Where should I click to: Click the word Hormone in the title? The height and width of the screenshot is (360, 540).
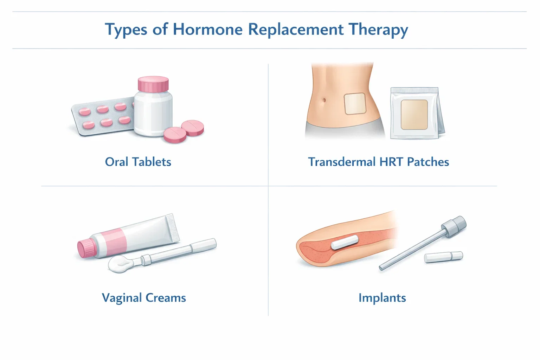tap(207, 29)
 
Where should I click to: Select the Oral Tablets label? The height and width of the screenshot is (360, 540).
tap(138, 162)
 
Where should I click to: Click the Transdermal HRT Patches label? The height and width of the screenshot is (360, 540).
tap(379, 162)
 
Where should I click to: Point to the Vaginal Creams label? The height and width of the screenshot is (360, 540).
tap(144, 298)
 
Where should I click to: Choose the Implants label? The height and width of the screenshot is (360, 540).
tap(382, 298)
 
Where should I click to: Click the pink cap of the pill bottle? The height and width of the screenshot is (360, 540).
tap(153, 84)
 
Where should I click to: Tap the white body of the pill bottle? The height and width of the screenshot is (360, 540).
tap(153, 112)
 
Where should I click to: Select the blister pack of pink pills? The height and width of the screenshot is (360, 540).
tap(102, 118)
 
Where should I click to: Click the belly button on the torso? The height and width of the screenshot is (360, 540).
tap(324, 101)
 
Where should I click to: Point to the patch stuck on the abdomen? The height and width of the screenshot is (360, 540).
tap(355, 103)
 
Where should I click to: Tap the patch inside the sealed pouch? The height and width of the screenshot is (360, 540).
tap(414, 114)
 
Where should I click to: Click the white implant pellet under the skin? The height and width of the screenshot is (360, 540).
tap(345, 243)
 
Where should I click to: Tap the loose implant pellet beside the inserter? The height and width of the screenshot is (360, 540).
tap(444, 257)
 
